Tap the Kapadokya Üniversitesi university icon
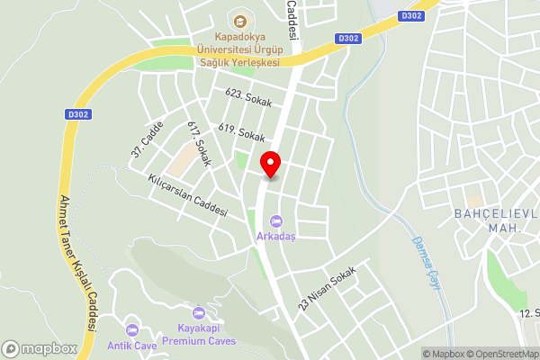pos(239,21)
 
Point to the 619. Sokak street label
pos(241,133)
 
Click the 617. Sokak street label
pos(199,144)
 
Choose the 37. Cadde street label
pos(147,139)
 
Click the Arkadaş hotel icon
pos(275,220)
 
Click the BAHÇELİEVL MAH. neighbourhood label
pos(495,221)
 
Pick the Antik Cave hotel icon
pos(133,330)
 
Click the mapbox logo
pos(39,348)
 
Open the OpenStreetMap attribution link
pos(496,354)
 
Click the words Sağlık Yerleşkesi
pos(239,62)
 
